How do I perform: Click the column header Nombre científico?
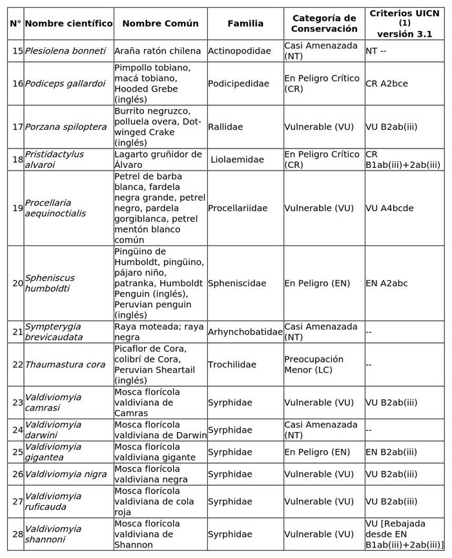68,24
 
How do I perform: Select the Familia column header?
245,24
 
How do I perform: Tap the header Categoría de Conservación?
324,24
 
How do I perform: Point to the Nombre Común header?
160,24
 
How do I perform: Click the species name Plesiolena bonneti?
65,51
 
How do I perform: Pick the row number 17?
17,127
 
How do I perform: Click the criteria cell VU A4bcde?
389,209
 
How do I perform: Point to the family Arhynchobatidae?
245,332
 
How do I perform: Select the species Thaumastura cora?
65,365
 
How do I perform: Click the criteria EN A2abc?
387,284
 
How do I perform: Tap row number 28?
17,534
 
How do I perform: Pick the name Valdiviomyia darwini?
53,429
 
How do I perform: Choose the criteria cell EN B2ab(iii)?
391,452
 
